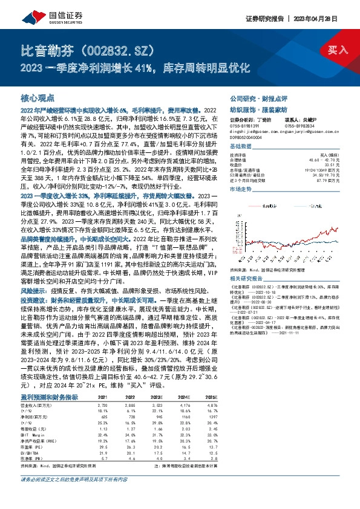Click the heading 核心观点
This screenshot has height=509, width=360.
(x=38, y=97)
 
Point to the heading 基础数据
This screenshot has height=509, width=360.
(x=240, y=147)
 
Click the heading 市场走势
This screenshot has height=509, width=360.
(x=240, y=189)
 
